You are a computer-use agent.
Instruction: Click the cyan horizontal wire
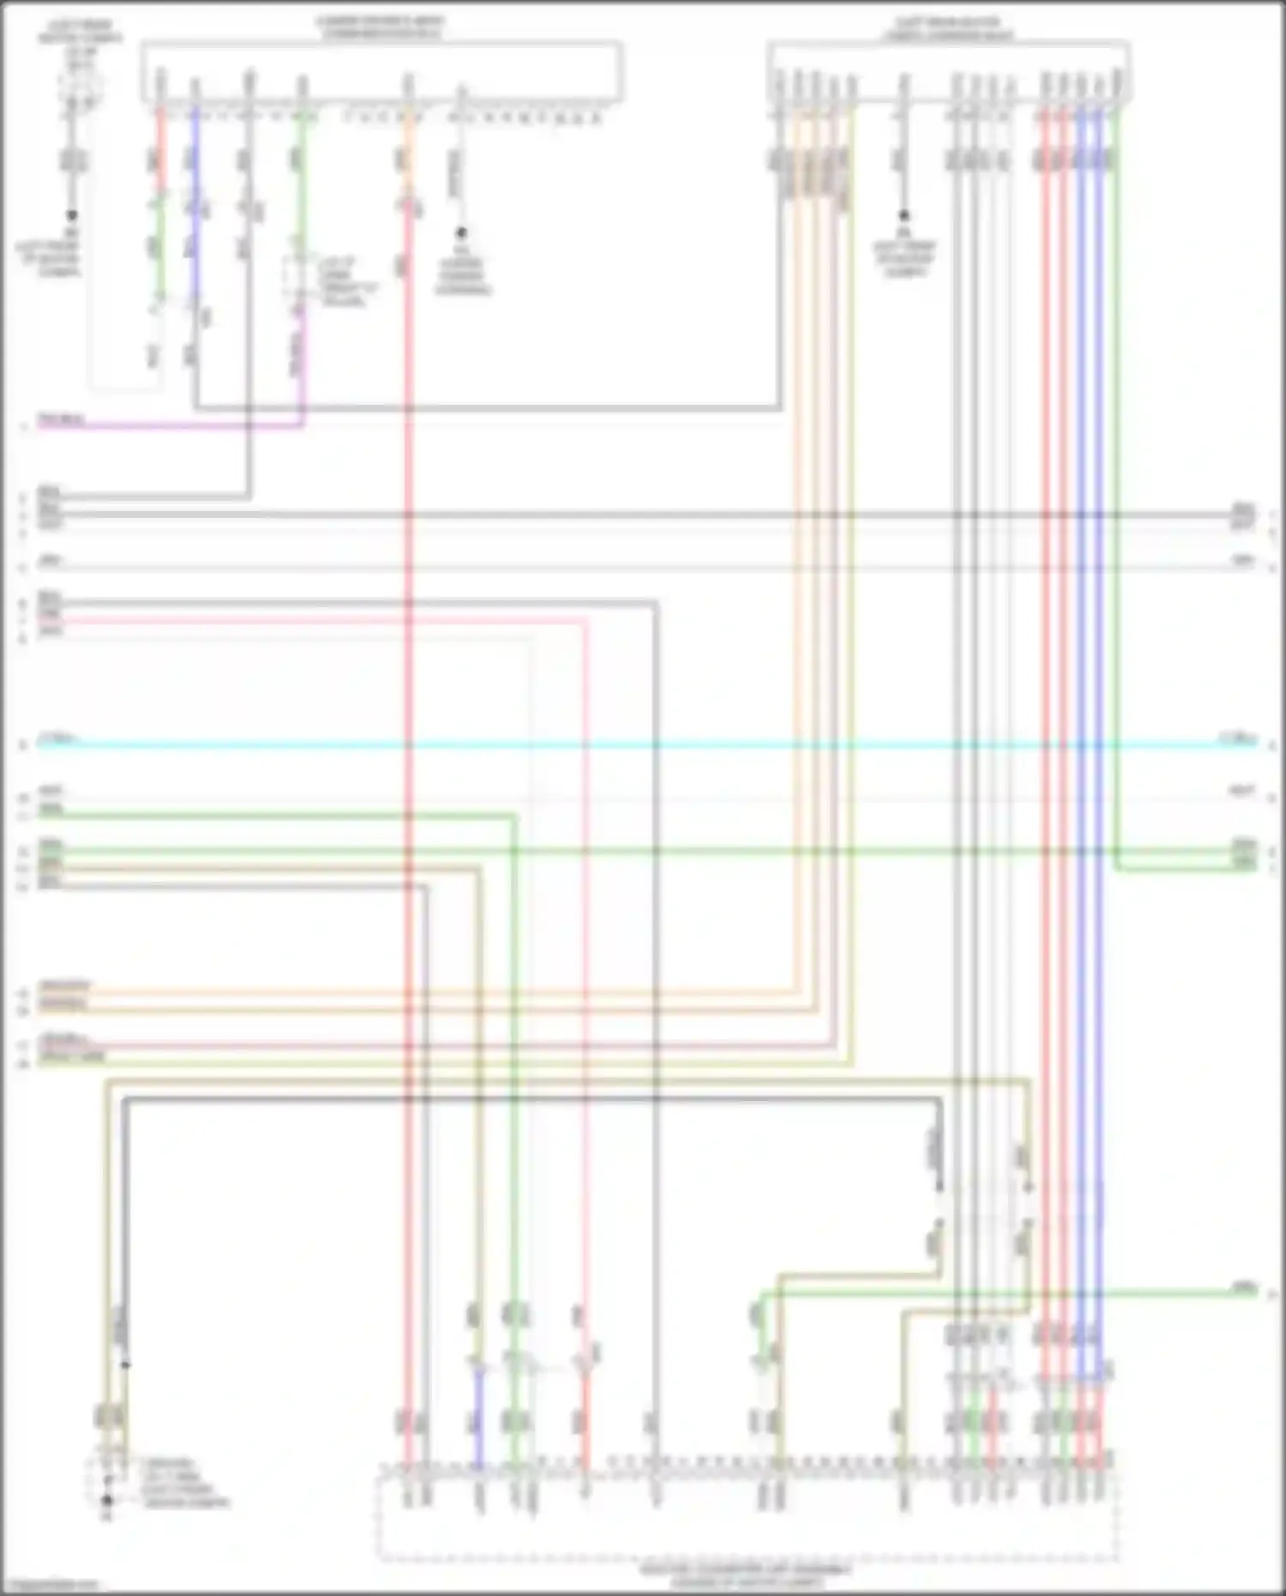[x=643, y=744]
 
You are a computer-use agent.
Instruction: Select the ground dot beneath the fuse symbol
[x=72, y=215]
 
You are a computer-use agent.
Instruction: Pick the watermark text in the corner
[x=50, y=1586]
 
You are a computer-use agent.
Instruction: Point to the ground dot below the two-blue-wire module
[x=903, y=216]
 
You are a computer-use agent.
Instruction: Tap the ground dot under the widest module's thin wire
[x=460, y=232]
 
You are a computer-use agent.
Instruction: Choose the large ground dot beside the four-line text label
[x=107, y=1501]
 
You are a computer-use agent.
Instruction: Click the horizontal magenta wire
[x=171, y=425]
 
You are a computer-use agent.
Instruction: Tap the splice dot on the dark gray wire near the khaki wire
[x=125, y=1364]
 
